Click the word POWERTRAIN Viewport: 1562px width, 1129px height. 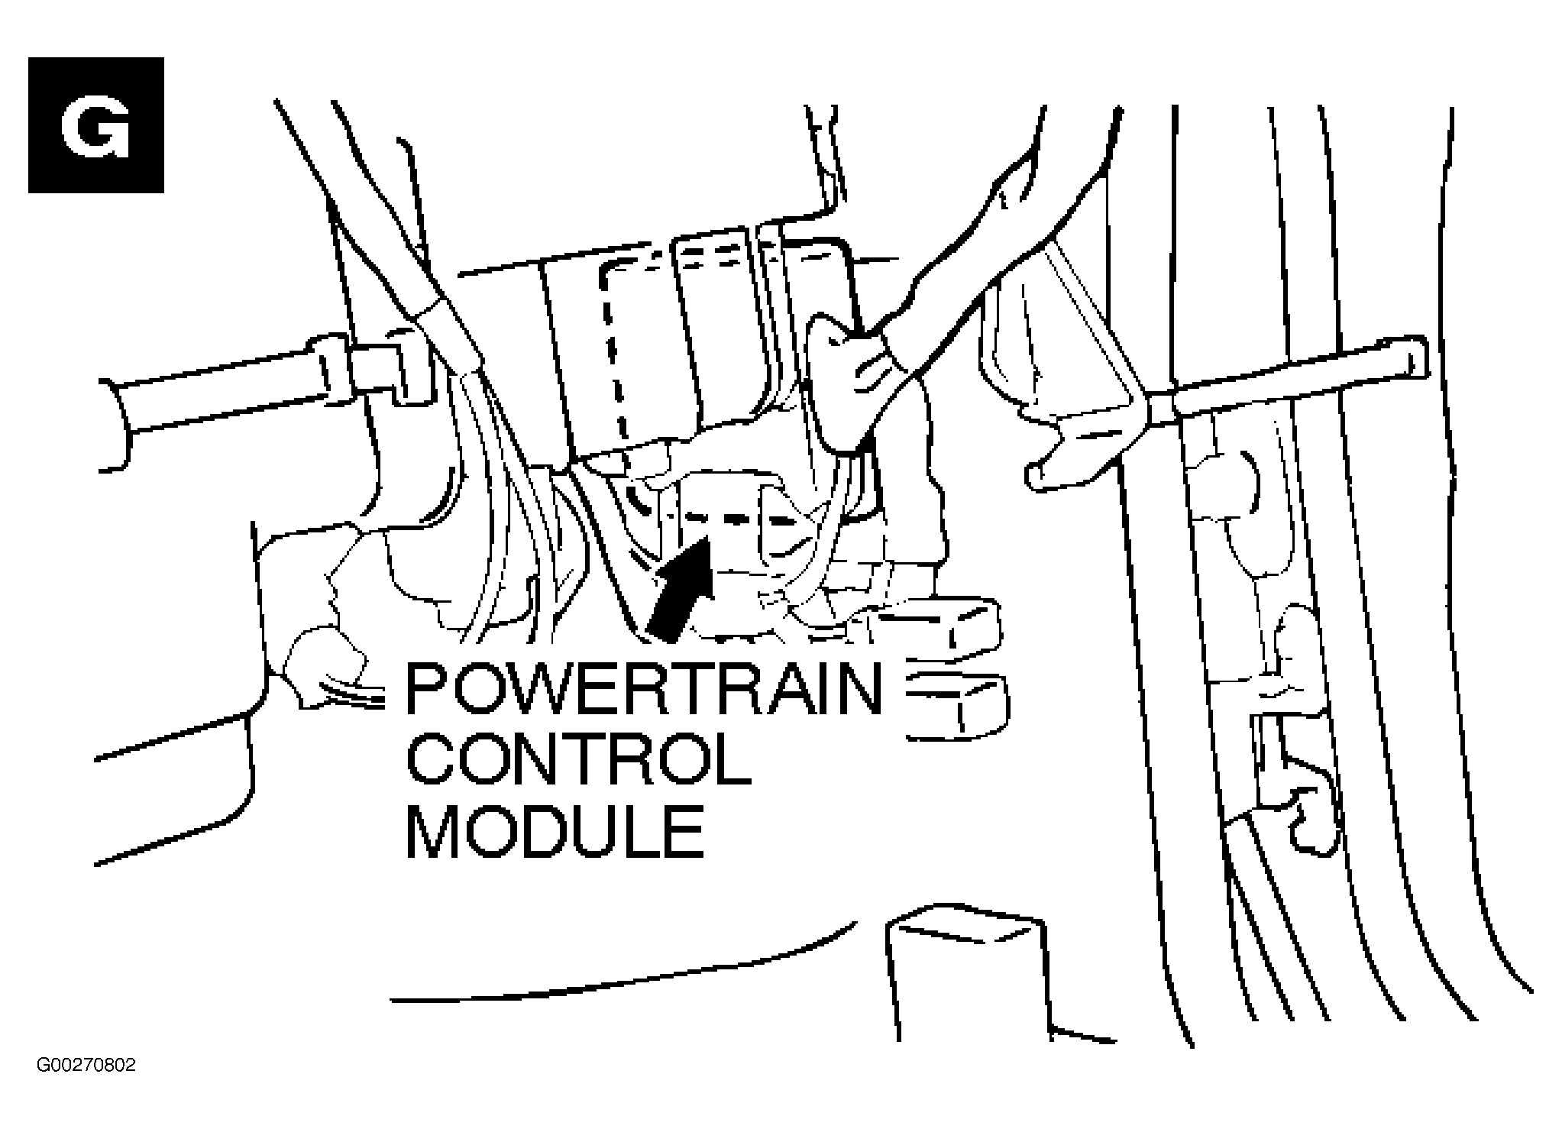pos(643,689)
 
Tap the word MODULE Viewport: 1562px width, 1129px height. pos(555,830)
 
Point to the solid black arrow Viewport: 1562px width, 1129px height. pos(680,588)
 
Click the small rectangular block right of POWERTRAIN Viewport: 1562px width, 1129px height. pos(956,707)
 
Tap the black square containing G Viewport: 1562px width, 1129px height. pos(96,125)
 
